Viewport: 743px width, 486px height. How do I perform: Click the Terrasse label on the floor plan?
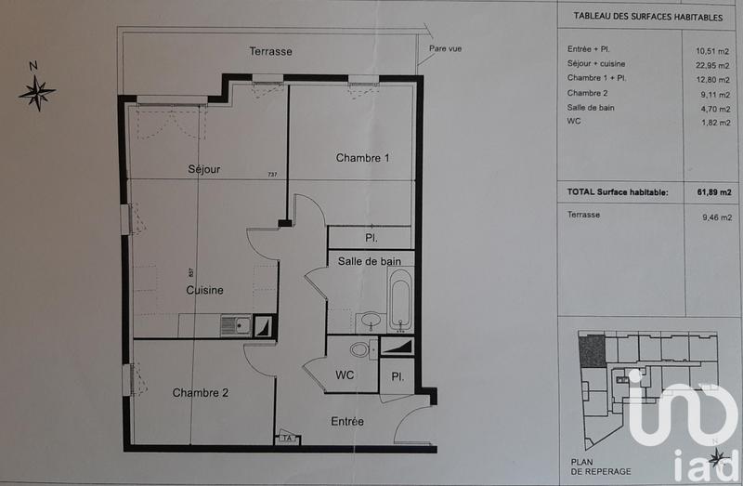click(x=270, y=52)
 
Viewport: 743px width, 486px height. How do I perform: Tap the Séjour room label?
click(x=204, y=169)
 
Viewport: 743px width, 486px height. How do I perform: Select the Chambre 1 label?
click(x=362, y=158)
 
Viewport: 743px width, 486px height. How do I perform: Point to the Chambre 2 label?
click(x=200, y=393)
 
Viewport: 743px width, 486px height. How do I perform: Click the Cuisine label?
click(x=204, y=290)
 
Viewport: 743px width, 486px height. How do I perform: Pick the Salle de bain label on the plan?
click(x=370, y=261)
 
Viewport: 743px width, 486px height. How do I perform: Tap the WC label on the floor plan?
click(x=345, y=376)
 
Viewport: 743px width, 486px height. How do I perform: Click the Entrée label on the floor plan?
click(x=347, y=422)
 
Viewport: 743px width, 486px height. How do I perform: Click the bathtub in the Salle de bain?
click(x=400, y=300)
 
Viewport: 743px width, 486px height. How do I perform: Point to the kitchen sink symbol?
click(x=235, y=325)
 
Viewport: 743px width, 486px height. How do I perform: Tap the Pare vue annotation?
click(x=445, y=48)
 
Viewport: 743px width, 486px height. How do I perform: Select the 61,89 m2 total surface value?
click(x=713, y=192)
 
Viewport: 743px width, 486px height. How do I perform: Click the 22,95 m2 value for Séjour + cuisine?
click(x=713, y=63)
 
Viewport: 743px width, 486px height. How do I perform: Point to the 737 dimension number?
click(x=272, y=175)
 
